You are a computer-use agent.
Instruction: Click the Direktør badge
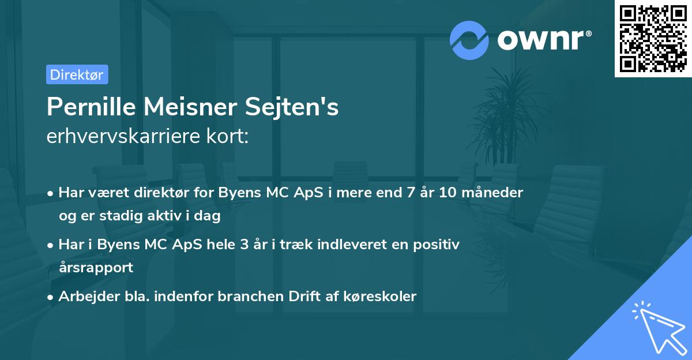pos(77,74)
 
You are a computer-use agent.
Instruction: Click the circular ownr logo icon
pos(470,39)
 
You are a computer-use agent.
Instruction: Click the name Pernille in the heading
pos(89,107)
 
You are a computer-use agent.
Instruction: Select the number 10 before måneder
pos(447,193)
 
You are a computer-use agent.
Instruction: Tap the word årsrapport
pos(96,267)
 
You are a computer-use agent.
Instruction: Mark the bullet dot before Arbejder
pos(51,297)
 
